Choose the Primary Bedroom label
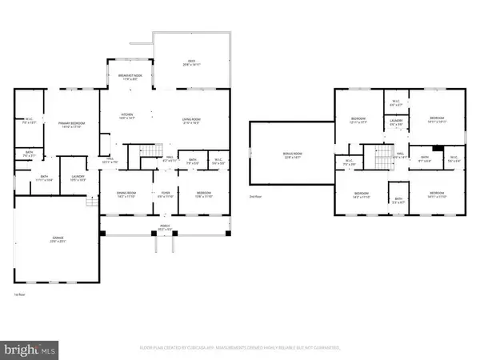click(x=71, y=124)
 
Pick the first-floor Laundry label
click(x=78, y=178)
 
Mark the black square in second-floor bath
click(x=435, y=148)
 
